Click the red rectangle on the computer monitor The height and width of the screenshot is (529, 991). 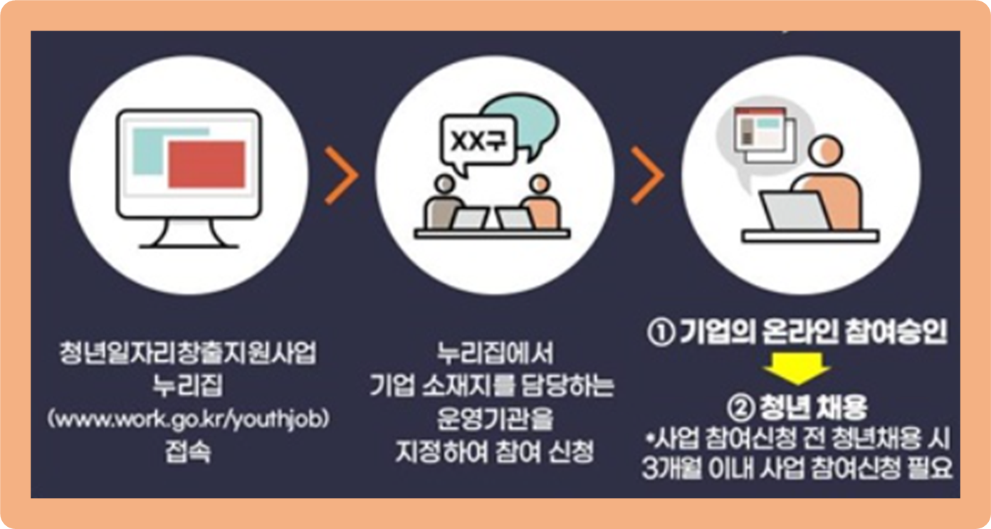coord(206,163)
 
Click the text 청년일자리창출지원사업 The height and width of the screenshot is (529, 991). coord(188,353)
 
